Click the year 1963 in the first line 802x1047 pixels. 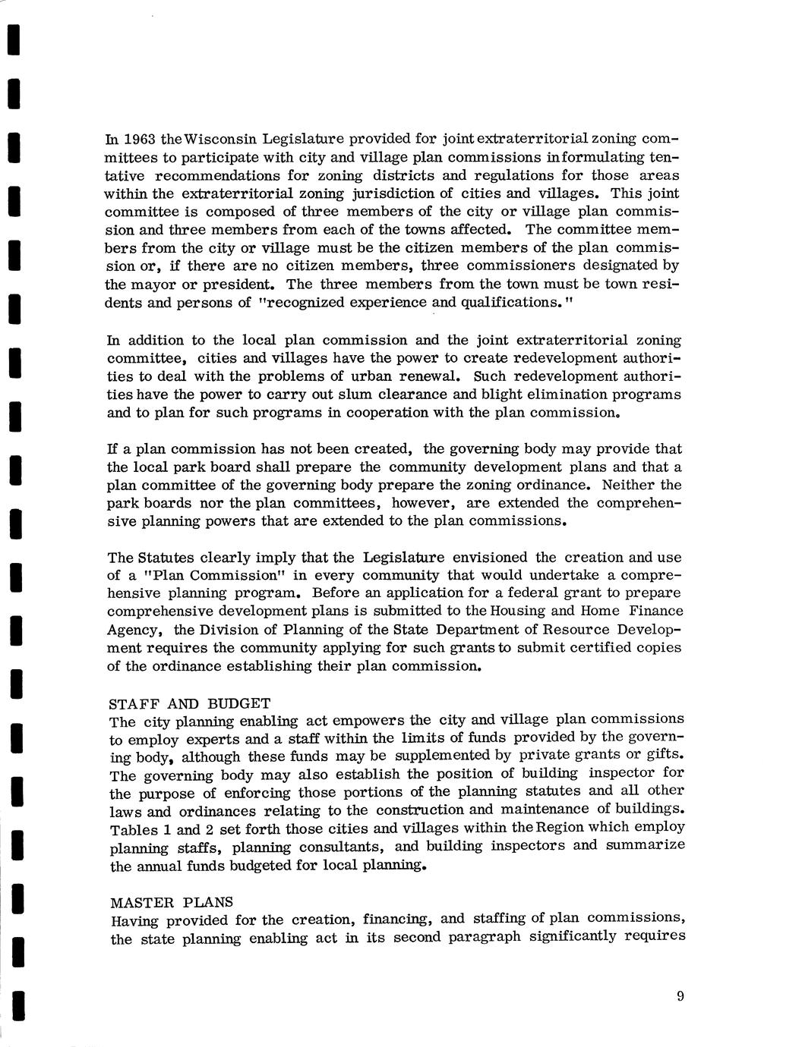(140, 139)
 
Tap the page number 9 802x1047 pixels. (680, 996)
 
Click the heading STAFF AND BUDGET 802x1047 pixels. (190, 703)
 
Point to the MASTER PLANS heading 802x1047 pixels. (172, 903)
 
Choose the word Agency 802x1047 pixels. (134, 630)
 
